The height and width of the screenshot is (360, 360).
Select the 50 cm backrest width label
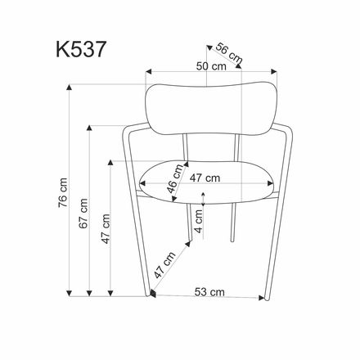coord(210,68)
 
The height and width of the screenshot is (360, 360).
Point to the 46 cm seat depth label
coord(173,185)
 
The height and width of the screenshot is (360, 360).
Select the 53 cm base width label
coord(211,290)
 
